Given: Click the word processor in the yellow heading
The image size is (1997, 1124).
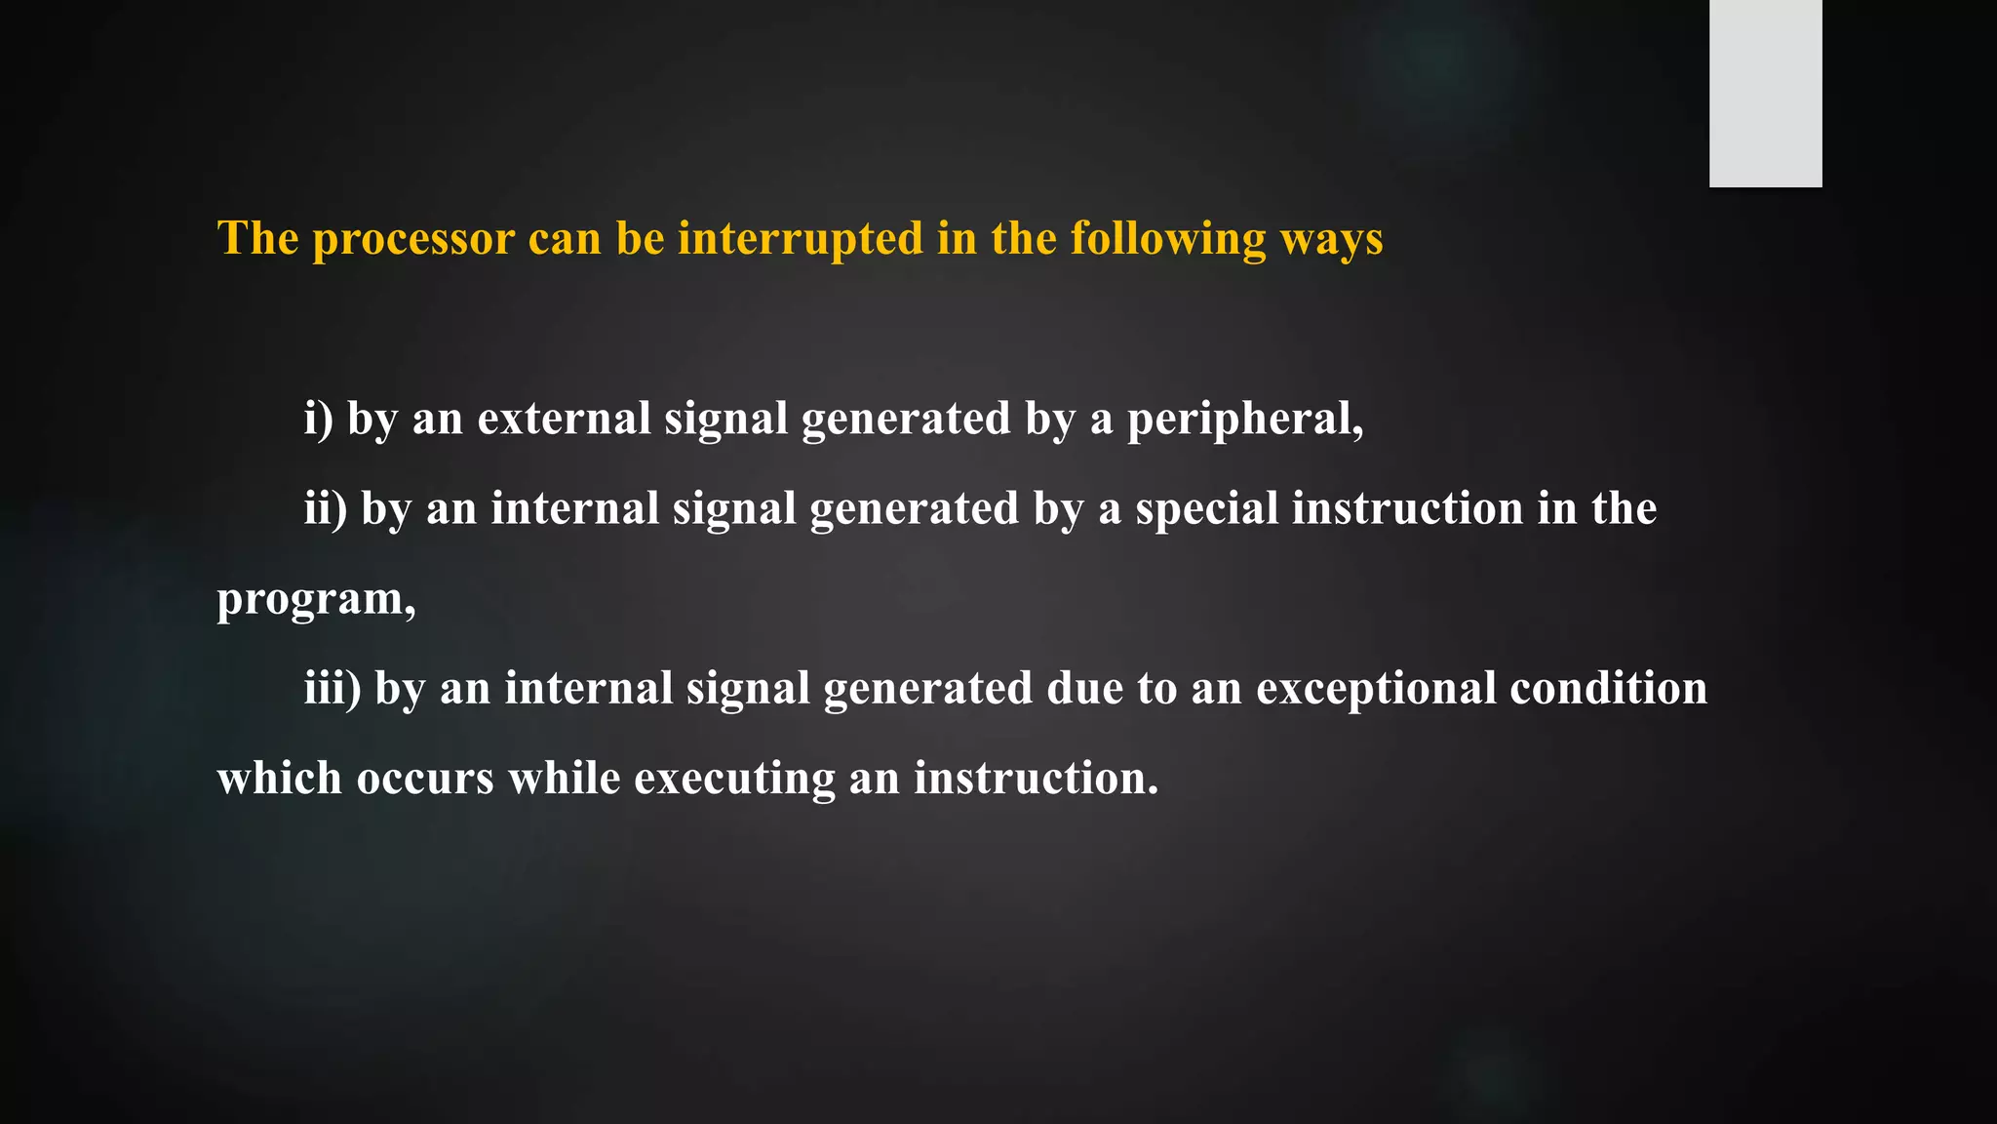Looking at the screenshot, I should [413, 240].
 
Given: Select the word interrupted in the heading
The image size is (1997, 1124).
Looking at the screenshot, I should [800, 240].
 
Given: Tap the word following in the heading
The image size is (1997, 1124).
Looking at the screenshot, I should [1168, 240].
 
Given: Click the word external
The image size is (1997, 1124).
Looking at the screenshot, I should [564, 419].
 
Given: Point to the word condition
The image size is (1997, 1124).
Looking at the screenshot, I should [1609, 688].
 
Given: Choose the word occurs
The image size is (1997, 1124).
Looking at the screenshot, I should [425, 779].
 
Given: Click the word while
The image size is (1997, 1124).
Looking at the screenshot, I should [565, 779].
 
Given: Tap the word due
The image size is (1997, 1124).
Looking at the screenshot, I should [1085, 688].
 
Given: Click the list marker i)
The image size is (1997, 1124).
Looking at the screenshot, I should [319, 419].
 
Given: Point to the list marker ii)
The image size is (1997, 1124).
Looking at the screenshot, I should [326, 508].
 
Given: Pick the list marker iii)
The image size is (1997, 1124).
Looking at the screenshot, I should [333, 688].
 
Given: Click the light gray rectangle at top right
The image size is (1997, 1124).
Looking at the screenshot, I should [1765, 93].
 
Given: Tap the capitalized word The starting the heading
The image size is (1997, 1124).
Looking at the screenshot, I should [257, 238].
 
